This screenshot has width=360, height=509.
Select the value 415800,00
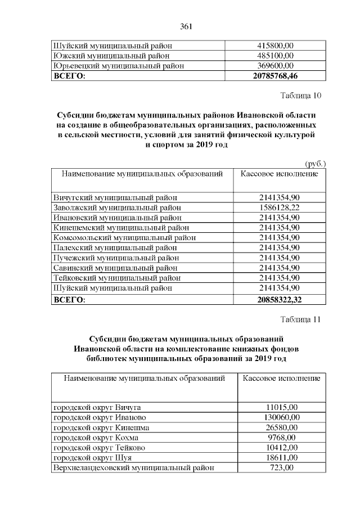pyautogui.click(x=276, y=46)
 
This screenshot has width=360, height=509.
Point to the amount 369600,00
pyautogui.click(x=276, y=66)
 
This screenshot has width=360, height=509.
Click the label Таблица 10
pyautogui.click(x=300, y=95)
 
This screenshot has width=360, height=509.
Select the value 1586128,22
pyautogui.click(x=279, y=208)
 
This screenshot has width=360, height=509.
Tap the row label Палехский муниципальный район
pyautogui.click(x=115, y=247)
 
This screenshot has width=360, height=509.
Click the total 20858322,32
pyautogui.click(x=279, y=300)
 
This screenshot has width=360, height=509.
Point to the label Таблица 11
pyautogui.click(x=300, y=319)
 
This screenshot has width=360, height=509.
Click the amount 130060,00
pyautogui.click(x=281, y=417)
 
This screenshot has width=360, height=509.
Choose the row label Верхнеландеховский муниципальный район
pyautogui.click(x=134, y=468)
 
